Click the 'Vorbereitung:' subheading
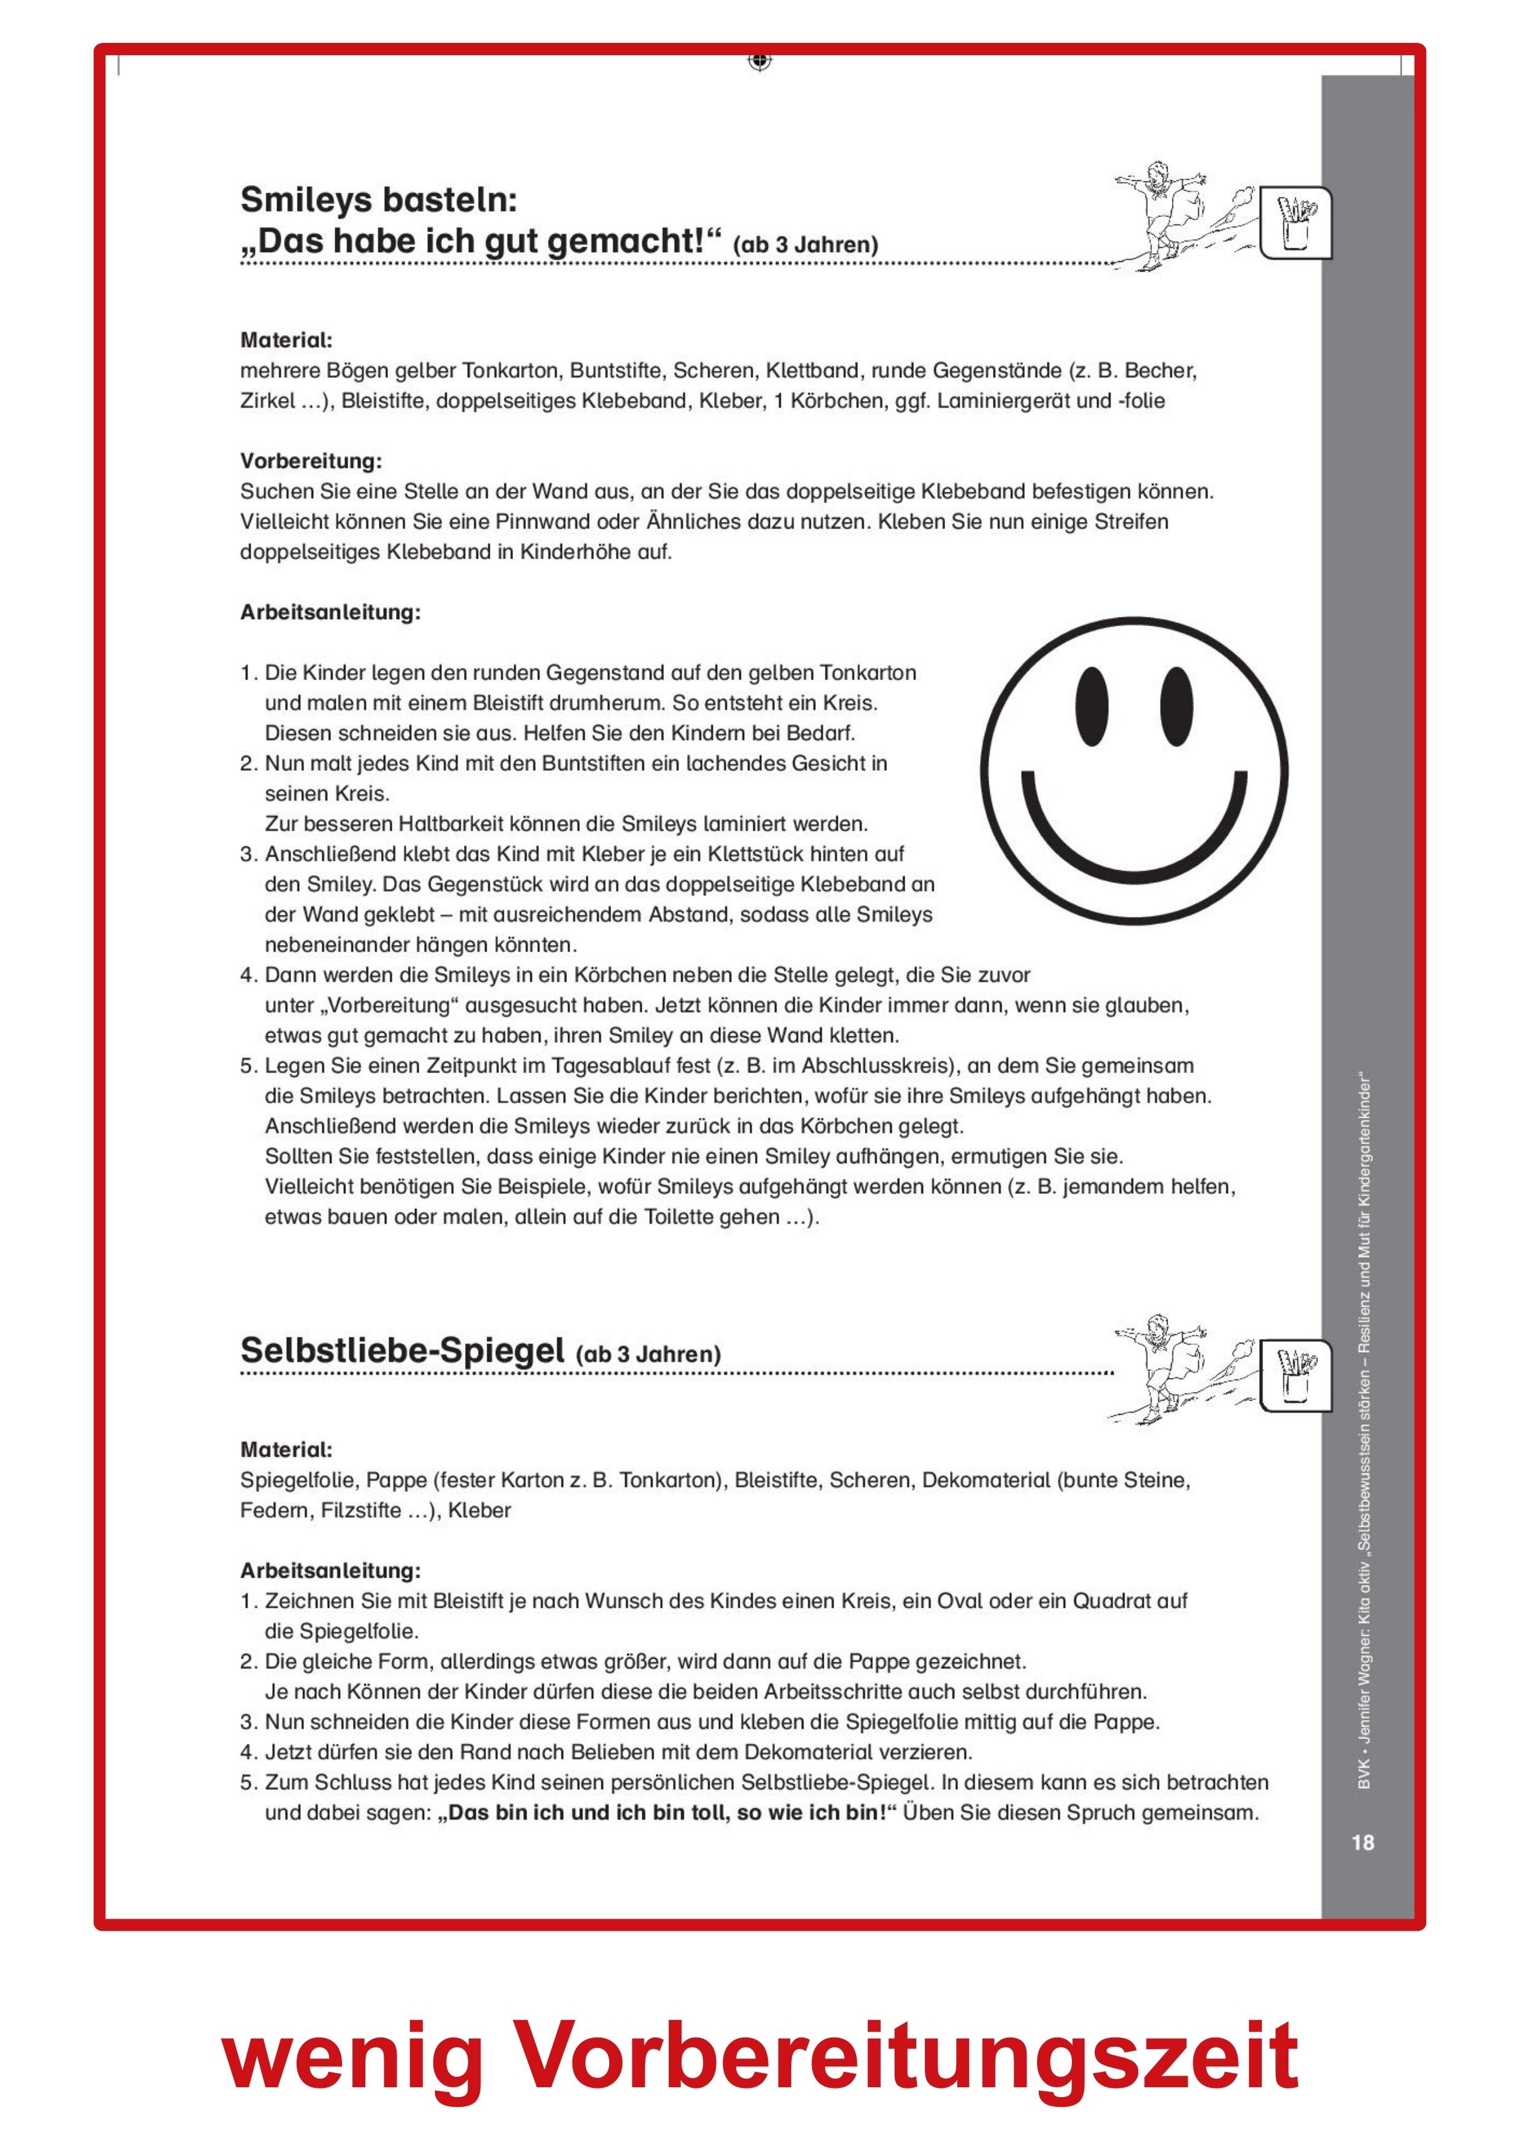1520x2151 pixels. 311,461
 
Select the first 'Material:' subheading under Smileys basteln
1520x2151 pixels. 286,340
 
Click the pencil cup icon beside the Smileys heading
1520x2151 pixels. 1295,223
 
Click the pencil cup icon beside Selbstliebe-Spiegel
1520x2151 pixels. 1295,1374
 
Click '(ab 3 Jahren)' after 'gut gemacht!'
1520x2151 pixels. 805,245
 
